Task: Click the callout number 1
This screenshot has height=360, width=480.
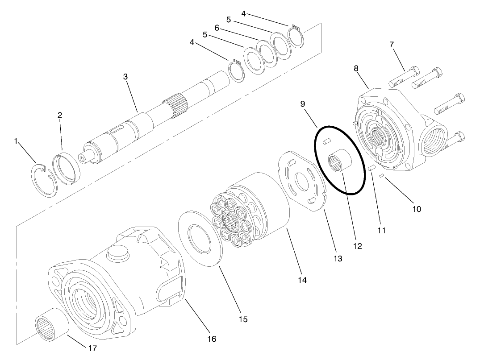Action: (16, 141)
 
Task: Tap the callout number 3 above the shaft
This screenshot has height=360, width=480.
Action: (126, 77)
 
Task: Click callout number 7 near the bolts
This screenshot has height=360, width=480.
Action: (391, 45)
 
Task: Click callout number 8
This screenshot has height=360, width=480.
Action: (356, 69)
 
